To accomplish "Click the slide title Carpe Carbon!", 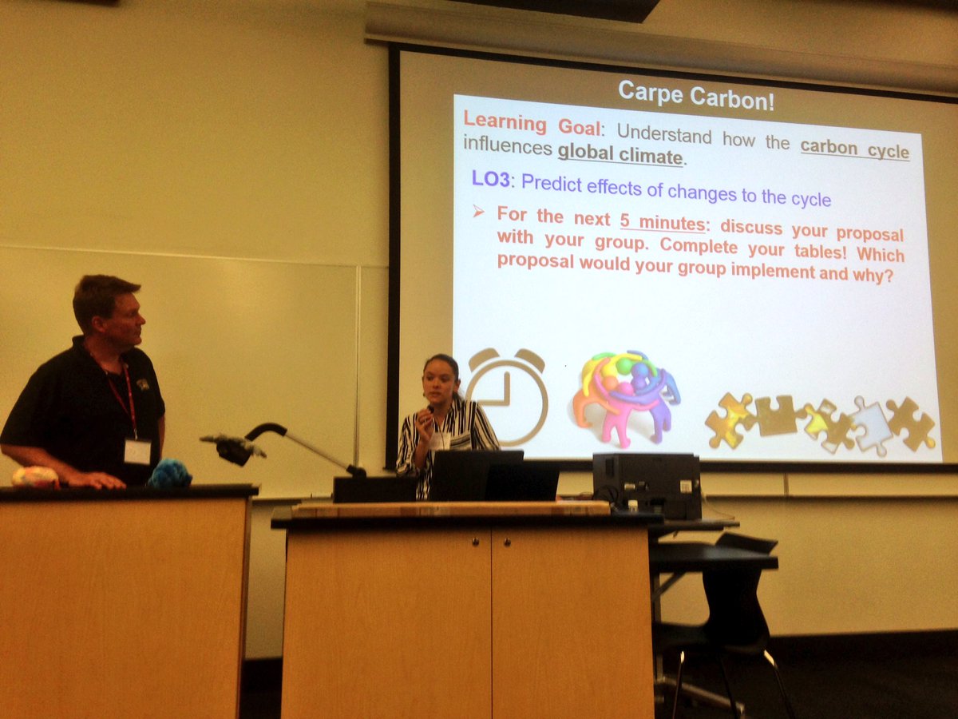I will pos(695,93).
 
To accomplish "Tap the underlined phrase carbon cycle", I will pos(854,149).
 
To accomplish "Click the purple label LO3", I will pos(490,180).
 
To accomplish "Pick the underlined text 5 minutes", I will pos(663,221).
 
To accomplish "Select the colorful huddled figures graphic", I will pos(625,396).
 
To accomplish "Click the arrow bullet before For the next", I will pos(478,213).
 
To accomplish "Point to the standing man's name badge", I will pos(137,451).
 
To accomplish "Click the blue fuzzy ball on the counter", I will pos(168,475).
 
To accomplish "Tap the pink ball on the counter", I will pos(34,478).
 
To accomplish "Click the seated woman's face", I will pos(440,383).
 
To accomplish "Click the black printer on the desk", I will pos(646,485).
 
